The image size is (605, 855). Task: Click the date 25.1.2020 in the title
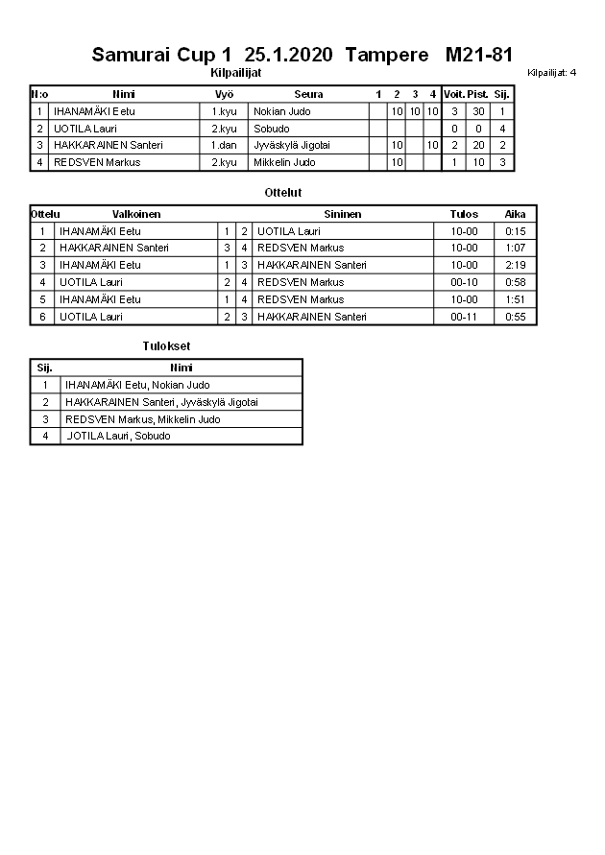(289, 55)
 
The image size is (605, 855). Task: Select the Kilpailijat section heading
(235, 72)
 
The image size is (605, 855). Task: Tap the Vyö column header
(224, 94)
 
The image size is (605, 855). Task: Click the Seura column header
(308, 94)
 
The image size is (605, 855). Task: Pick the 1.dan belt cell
(224, 145)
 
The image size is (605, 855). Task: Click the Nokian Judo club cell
(281, 111)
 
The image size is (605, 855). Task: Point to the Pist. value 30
(478, 111)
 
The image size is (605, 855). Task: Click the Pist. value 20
(478, 145)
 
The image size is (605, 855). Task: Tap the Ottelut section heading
(283, 193)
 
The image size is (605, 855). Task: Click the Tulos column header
(464, 214)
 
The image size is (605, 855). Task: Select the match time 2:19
(515, 265)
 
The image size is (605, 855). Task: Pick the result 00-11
(464, 316)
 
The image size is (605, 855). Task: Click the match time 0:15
(515, 231)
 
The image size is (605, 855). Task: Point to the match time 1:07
(515, 248)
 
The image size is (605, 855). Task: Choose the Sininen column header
(343, 214)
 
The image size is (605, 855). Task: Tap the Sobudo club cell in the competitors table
(270, 129)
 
